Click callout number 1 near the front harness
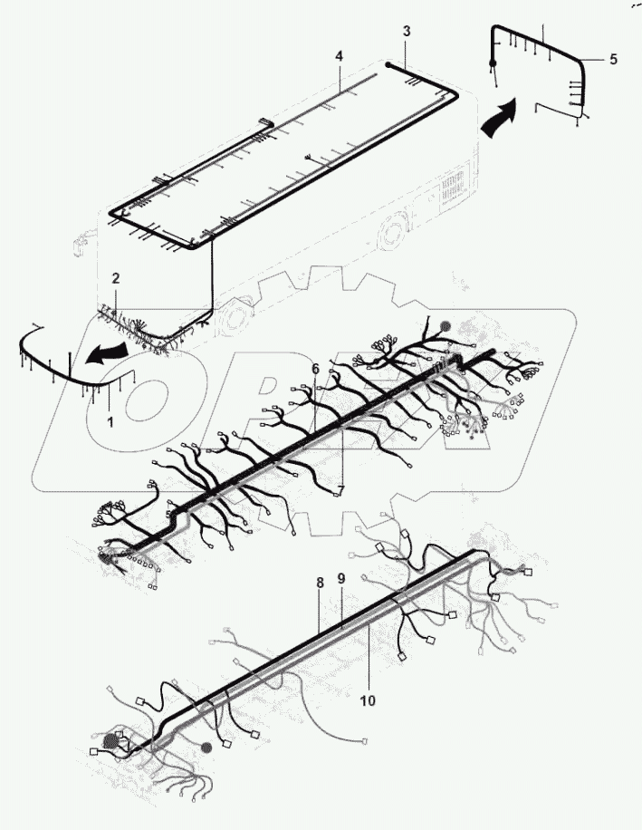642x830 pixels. (x=110, y=421)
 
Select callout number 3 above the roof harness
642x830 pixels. (x=407, y=32)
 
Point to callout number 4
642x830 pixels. (x=339, y=56)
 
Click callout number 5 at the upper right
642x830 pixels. (x=613, y=59)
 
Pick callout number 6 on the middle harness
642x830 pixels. (x=315, y=369)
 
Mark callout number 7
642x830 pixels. (x=340, y=490)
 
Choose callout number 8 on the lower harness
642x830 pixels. (x=319, y=585)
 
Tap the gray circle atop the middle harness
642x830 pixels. (x=444, y=325)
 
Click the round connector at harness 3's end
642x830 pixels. (x=388, y=65)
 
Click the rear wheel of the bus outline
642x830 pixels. (x=394, y=236)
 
